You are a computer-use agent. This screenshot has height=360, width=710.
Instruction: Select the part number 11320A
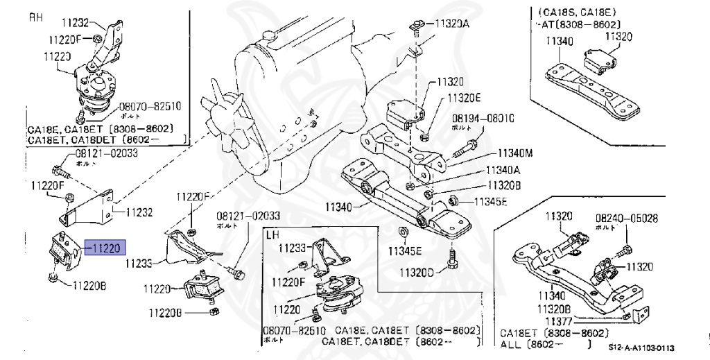pyautogui.click(x=451, y=23)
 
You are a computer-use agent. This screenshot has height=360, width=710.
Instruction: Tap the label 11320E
pyautogui.click(x=464, y=98)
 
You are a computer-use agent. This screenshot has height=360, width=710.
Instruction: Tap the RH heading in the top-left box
pyautogui.click(x=35, y=17)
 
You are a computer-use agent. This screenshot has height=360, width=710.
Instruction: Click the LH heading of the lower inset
pyautogui.click(x=272, y=236)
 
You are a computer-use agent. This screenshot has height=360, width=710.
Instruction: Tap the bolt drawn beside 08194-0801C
pyautogui.click(x=466, y=146)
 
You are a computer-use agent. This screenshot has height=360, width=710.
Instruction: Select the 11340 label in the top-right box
pyautogui.click(x=560, y=42)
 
